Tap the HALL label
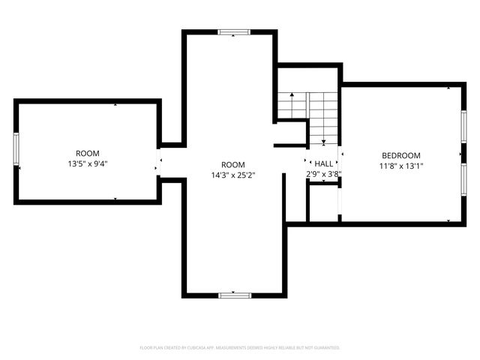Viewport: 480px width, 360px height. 324,163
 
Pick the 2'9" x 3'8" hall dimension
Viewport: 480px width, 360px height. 324,174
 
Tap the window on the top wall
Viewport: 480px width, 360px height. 232,32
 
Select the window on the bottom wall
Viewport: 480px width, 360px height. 233,295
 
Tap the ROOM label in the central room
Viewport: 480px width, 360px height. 232,164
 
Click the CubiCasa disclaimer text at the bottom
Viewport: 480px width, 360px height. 240,348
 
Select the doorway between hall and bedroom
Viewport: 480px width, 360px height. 340,161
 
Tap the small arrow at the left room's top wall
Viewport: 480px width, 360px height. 115,106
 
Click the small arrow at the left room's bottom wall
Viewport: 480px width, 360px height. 115,198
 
